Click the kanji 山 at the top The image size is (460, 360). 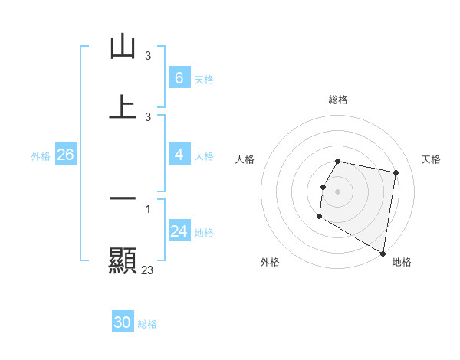123,47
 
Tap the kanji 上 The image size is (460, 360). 123,106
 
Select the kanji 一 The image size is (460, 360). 123,199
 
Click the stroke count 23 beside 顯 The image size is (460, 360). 148,270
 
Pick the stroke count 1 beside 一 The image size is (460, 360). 148,209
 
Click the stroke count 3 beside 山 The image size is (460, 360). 148,56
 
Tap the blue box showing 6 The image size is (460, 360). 179,77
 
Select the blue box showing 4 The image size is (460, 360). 179,155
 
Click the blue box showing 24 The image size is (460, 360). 179,231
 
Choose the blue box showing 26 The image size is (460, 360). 65,155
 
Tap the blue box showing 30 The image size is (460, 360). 123,322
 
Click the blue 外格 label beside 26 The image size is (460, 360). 41,156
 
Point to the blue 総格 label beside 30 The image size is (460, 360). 148,324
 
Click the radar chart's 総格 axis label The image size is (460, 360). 338,100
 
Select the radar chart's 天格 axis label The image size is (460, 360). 432,159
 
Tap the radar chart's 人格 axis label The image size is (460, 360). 245,159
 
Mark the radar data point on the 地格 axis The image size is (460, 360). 383,254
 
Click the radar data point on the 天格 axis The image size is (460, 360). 396,173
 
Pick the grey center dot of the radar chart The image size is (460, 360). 338,190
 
